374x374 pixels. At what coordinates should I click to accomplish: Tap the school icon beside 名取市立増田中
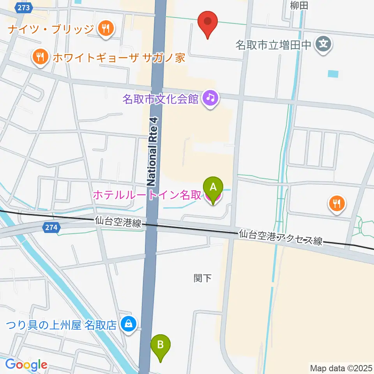click(x=323, y=44)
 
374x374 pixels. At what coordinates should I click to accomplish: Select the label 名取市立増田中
click(x=274, y=45)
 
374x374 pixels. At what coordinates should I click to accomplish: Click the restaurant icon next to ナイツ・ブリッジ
click(x=105, y=28)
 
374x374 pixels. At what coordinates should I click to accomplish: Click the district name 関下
click(x=202, y=278)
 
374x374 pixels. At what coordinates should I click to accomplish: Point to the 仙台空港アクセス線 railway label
click(x=281, y=238)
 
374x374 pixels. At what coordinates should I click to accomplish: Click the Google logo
click(x=26, y=365)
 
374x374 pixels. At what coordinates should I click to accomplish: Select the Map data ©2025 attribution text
click(x=341, y=368)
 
